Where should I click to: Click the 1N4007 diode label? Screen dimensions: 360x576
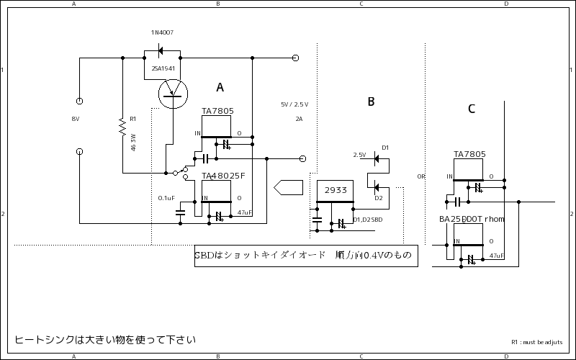pyautogui.click(x=162, y=33)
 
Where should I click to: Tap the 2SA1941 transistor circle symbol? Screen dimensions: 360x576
pyautogui.click(x=172, y=93)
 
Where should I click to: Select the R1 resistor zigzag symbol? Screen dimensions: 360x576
pyautogui.click(x=123, y=128)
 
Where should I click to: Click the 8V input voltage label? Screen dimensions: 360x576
pyautogui.click(x=76, y=119)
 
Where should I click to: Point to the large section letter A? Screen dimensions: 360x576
pyautogui.click(x=220, y=87)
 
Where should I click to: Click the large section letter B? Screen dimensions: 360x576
pyautogui.click(x=371, y=102)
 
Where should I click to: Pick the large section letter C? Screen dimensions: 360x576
pyautogui.click(x=471, y=109)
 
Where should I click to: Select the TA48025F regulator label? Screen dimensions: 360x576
pyautogui.click(x=223, y=176)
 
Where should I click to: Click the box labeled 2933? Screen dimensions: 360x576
pyautogui.click(x=335, y=190)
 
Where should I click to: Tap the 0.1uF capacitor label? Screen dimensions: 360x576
pyautogui.click(x=166, y=197)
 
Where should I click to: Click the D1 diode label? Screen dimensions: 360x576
pyautogui.click(x=385, y=148)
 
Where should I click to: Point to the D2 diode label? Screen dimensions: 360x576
pyautogui.click(x=378, y=198)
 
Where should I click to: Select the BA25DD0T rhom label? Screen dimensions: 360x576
pyautogui.click(x=472, y=219)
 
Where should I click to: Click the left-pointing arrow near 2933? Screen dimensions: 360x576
pyautogui.click(x=287, y=186)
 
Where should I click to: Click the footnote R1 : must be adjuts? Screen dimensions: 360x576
pyautogui.click(x=536, y=343)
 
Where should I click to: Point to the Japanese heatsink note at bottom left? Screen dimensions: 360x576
pyautogui.click(x=105, y=339)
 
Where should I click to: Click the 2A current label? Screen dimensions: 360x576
pyautogui.click(x=299, y=119)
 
